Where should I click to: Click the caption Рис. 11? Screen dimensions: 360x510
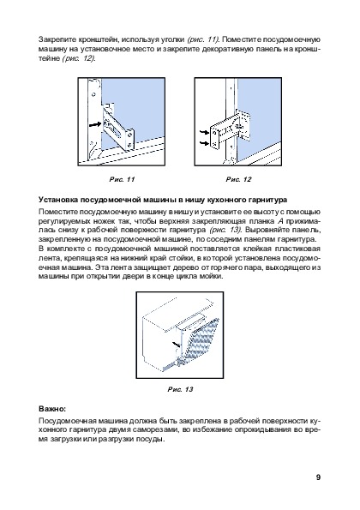pyautogui.click(x=122, y=179)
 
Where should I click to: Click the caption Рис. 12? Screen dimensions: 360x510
pyautogui.click(x=238, y=179)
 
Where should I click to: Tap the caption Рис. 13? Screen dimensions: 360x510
pyautogui.click(x=180, y=389)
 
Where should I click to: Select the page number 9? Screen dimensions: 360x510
pyautogui.click(x=318, y=477)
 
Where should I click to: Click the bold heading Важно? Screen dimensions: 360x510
pyautogui.click(x=52, y=408)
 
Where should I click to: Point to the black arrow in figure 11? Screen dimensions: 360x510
pyautogui.click(x=94, y=124)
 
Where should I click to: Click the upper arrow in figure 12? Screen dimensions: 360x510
pyautogui.click(x=204, y=132)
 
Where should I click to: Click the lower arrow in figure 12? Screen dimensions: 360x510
pyautogui.click(x=204, y=143)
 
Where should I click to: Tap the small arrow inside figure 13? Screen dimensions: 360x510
pyautogui.click(x=176, y=344)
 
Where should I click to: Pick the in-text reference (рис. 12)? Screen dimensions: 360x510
pyautogui.click(x=79, y=58)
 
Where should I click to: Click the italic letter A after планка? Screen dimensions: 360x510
pyautogui.click(x=279, y=221)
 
